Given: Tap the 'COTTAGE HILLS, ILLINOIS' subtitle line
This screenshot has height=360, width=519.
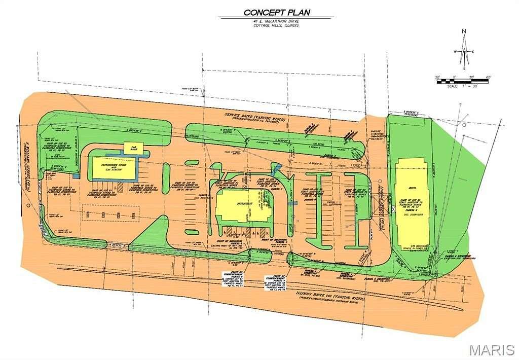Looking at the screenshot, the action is (x=276, y=25).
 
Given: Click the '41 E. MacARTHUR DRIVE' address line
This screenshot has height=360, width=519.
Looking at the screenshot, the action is (x=276, y=21).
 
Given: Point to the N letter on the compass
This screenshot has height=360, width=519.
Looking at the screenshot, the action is (x=464, y=31).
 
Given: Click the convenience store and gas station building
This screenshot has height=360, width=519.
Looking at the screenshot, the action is (x=113, y=168).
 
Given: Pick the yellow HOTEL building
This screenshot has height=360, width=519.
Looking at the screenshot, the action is (x=411, y=201).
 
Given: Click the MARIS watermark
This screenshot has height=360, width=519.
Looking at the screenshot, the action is (x=491, y=350).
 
